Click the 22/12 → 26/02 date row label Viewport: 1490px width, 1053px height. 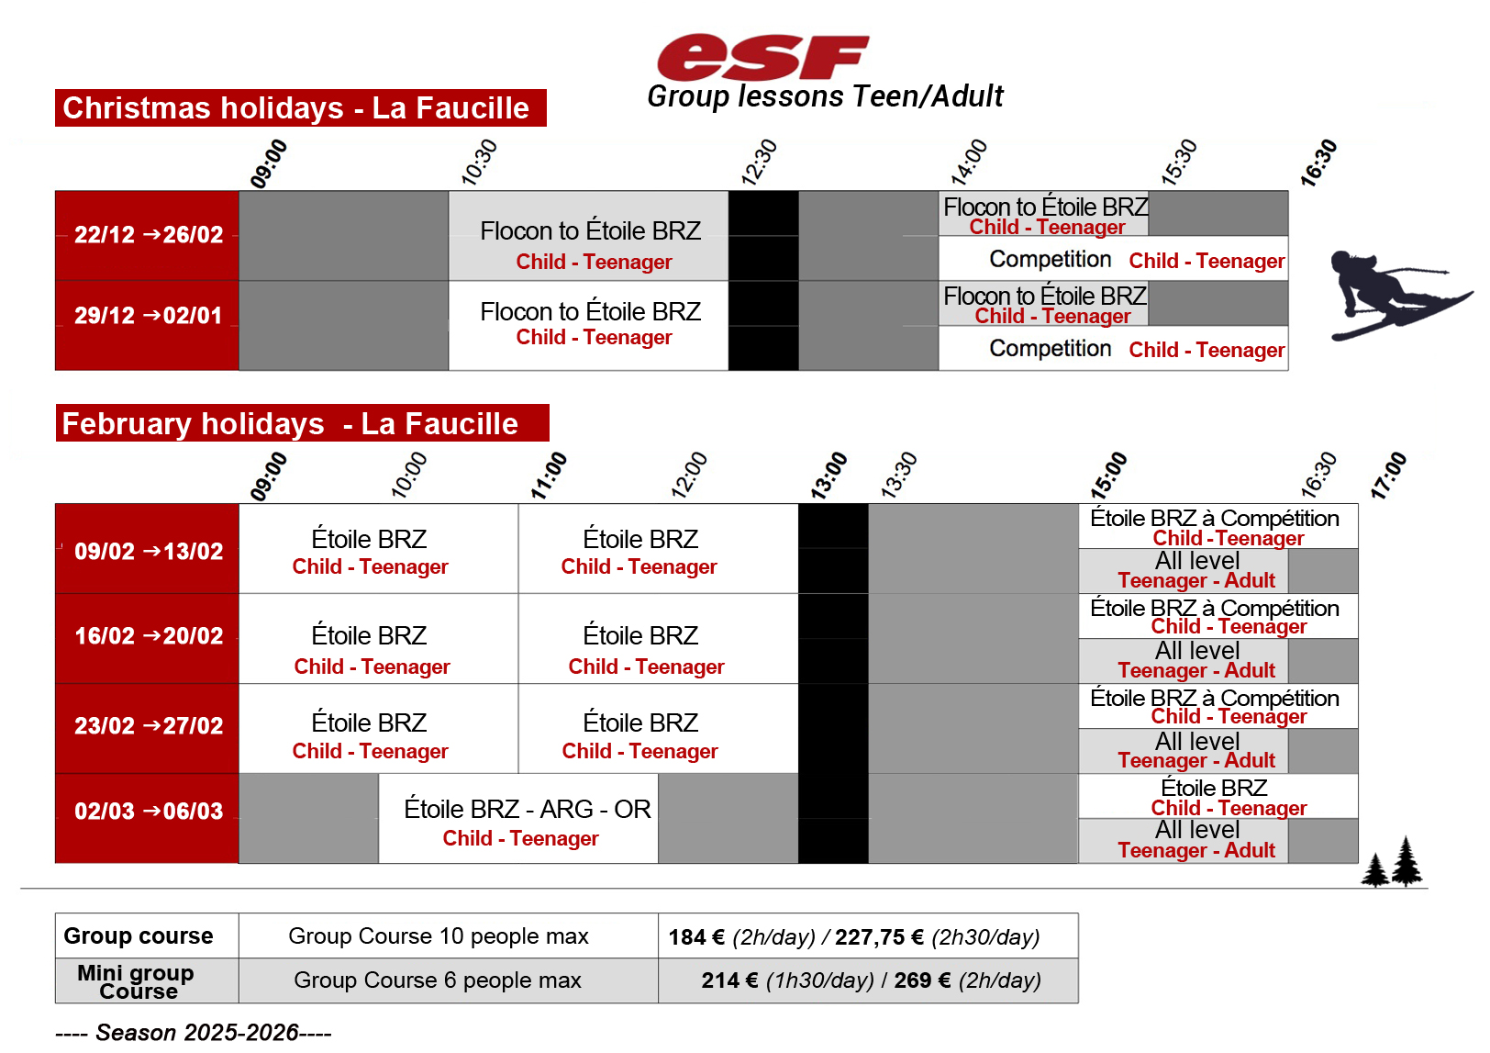[x=148, y=235]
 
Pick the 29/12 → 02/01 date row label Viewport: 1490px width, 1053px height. [x=148, y=316]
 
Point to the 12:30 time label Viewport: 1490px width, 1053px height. [x=759, y=162]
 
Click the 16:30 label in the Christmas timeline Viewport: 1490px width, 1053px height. [x=1318, y=163]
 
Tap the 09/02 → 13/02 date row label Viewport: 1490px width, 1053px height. [x=148, y=552]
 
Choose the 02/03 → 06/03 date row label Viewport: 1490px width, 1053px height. [x=148, y=812]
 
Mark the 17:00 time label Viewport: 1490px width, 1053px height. [x=1388, y=475]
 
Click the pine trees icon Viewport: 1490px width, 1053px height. [x=1391, y=862]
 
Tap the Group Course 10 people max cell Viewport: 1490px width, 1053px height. [x=439, y=936]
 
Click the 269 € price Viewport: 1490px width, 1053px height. [x=913, y=980]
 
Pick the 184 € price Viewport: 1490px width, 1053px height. [x=695, y=937]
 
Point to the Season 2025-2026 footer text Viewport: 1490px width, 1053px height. [x=193, y=1033]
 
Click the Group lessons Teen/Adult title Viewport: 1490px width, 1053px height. [x=825, y=96]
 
